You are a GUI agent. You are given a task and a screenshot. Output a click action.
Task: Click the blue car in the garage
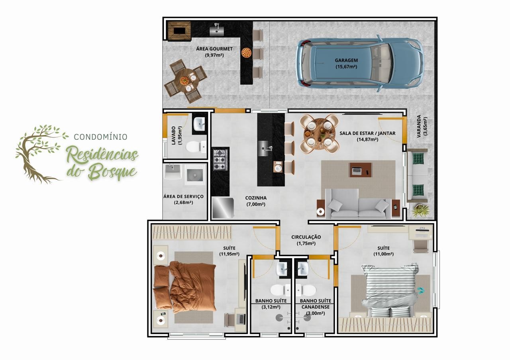(x=359, y=63)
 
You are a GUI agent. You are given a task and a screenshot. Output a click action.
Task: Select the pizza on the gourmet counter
(x=246, y=53)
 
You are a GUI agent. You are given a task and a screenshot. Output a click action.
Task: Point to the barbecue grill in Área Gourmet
(x=179, y=31)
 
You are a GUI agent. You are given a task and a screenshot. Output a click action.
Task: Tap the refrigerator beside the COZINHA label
(x=223, y=208)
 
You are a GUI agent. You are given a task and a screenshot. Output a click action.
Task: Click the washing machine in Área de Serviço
(x=195, y=175)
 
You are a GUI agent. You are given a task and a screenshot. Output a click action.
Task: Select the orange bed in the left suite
(x=185, y=288)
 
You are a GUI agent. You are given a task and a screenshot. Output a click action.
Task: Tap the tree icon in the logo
(x=41, y=154)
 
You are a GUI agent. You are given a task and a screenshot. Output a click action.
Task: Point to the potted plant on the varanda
(x=420, y=211)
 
